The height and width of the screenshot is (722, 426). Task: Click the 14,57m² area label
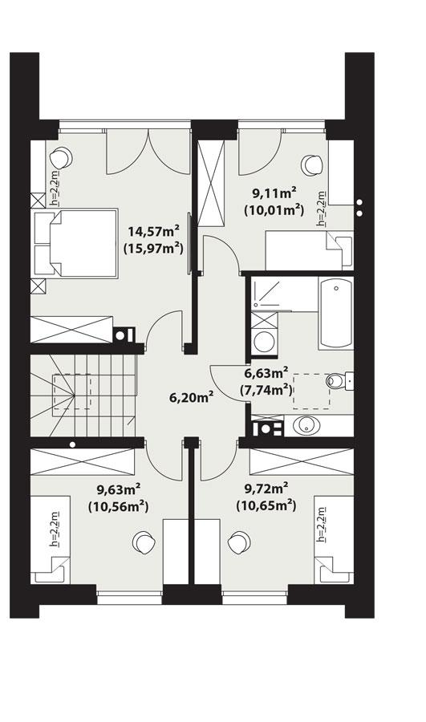click(152, 232)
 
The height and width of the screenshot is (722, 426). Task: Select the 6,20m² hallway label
click(190, 395)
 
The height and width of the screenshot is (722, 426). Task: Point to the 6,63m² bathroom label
click(266, 373)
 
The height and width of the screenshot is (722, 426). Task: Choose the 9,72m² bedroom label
click(266, 488)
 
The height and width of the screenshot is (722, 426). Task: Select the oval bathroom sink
click(309, 426)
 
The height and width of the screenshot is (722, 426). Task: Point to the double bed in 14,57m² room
click(74, 243)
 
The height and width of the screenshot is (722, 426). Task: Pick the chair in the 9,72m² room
click(238, 543)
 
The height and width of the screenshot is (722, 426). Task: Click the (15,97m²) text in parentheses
click(152, 249)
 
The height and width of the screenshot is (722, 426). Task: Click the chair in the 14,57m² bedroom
click(60, 157)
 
